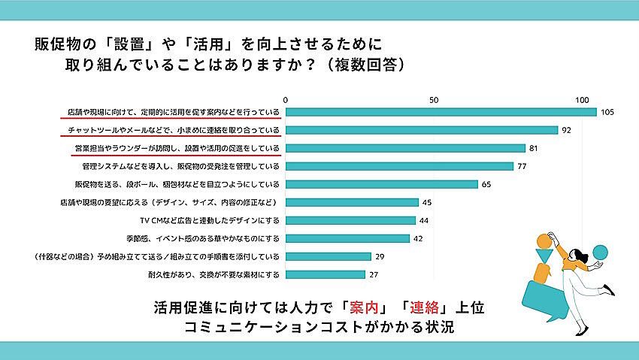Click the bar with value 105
[441, 113]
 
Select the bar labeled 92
[422, 130]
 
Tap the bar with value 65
[382, 184]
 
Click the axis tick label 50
[433, 99]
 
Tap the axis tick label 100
[581, 99]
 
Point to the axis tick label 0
[286, 99]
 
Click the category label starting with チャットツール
[171, 130]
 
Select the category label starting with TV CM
[210, 220]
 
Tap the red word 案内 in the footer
[363, 308]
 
